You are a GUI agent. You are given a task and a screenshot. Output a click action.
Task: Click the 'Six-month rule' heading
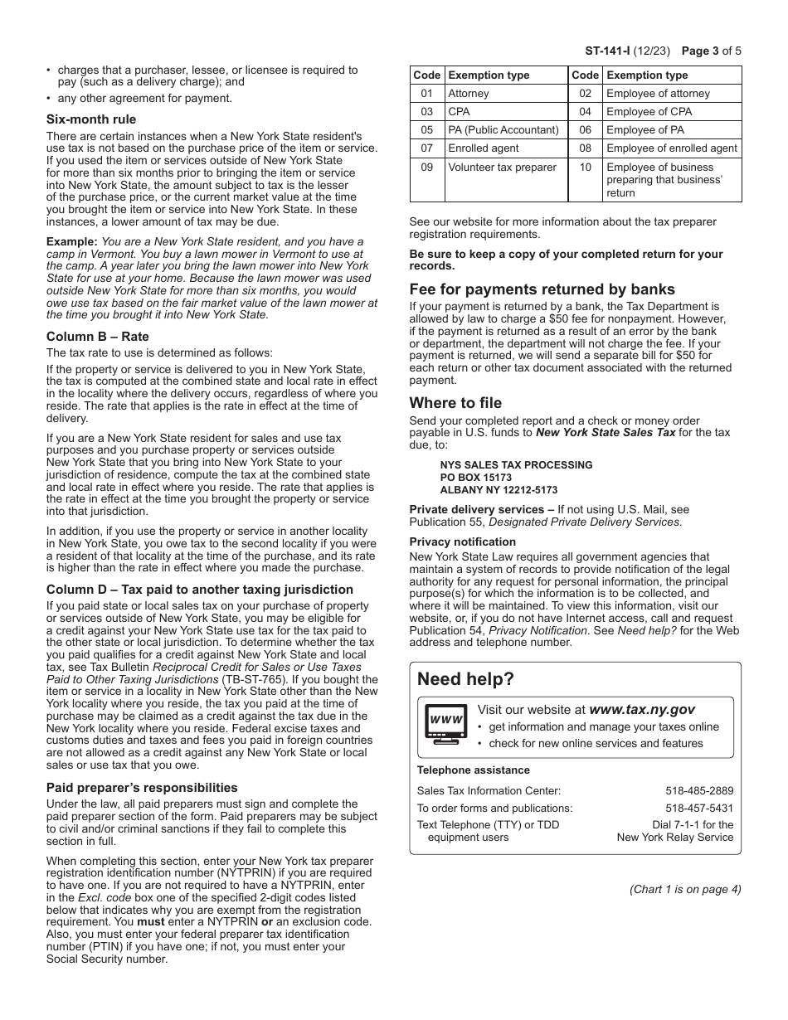[91, 119]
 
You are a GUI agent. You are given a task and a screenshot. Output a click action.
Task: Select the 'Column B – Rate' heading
[98, 337]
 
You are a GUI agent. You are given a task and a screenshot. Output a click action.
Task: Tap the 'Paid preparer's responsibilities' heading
[142, 788]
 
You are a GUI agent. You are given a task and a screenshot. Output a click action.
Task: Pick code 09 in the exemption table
[427, 167]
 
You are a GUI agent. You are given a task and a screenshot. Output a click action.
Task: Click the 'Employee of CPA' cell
[647, 112]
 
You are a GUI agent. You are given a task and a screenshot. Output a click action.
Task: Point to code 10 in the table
[585, 167]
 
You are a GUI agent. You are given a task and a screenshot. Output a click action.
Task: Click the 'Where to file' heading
[455, 403]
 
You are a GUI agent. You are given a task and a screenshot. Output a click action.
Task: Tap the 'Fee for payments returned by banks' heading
[542, 289]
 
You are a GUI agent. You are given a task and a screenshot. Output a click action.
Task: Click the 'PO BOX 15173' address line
[476, 478]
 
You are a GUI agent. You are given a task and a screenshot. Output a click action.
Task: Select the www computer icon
[446, 720]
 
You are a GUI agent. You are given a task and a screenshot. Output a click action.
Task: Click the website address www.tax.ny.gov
[642, 710]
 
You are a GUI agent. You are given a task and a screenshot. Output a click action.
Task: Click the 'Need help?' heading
[465, 679]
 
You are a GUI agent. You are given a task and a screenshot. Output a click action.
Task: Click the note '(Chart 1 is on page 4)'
[685, 890]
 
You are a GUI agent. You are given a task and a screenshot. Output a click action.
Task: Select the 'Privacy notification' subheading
[462, 542]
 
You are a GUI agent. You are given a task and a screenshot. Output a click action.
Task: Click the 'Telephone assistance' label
[473, 770]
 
